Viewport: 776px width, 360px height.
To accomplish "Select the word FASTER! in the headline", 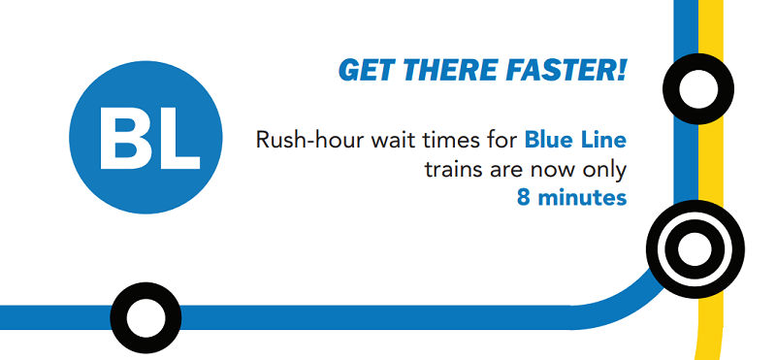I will (566, 71).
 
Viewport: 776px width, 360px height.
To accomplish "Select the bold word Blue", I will (550, 140).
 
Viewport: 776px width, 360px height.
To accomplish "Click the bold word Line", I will (604, 140).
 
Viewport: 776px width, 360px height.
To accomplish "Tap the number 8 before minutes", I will (524, 199).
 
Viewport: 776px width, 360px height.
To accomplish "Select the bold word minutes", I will (582, 199).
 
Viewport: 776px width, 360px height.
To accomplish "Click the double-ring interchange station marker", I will (695, 249).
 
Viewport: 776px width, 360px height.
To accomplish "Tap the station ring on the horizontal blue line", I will (145, 317).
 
